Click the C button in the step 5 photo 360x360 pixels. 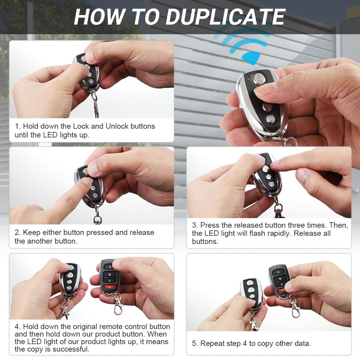279,284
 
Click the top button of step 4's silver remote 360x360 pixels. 71,268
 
